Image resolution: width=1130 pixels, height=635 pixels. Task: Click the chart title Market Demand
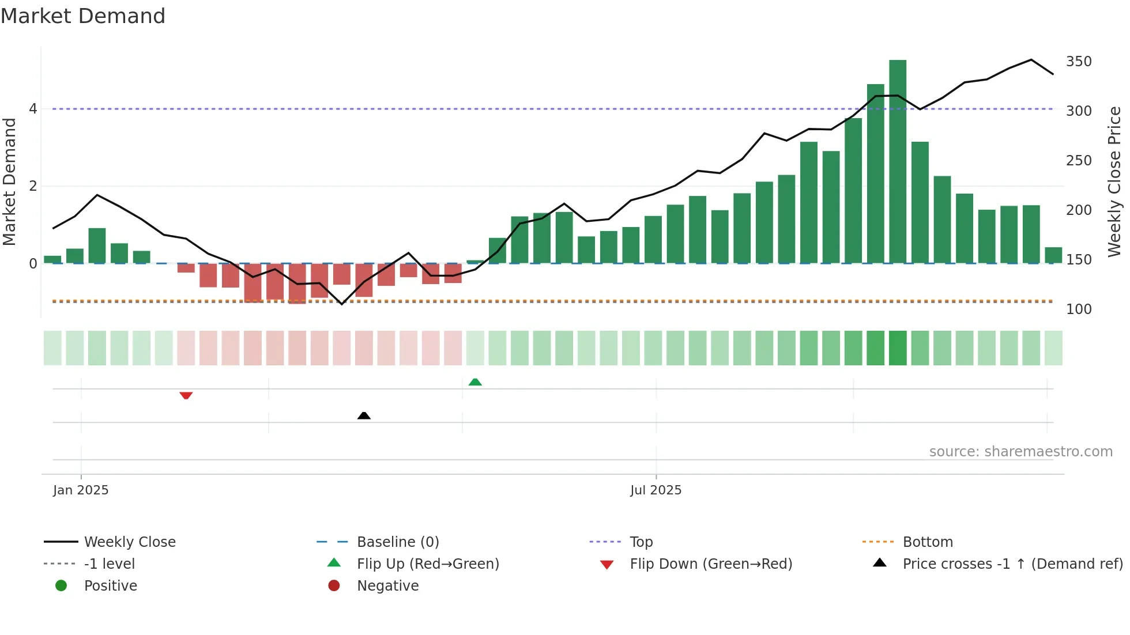point(83,16)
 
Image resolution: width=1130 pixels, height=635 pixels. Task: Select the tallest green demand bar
point(898,161)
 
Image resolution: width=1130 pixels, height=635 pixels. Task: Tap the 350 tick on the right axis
point(1079,62)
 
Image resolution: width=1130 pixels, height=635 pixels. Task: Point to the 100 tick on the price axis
point(1079,309)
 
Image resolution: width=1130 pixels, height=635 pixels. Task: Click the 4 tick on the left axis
point(33,109)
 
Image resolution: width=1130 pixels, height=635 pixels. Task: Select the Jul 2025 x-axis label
point(656,490)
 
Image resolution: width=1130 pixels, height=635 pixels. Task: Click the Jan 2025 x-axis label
point(81,490)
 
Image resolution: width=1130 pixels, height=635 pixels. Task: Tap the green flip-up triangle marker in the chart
point(475,382)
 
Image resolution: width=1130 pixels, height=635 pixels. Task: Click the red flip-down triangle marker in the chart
point(186,395)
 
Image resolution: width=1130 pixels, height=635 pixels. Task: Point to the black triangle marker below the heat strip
point(364,415)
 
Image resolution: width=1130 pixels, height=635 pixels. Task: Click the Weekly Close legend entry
point(130,542)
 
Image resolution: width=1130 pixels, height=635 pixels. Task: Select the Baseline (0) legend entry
point(398,542)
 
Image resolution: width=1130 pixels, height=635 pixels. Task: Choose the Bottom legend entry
point(927,542)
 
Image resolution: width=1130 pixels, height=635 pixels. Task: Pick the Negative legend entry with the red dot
point(387,586)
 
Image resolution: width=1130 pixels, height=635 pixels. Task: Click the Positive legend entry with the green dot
point(110,586)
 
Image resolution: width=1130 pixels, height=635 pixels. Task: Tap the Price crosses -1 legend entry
point(1012,564)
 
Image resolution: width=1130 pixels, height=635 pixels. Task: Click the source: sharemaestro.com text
point(1020,452)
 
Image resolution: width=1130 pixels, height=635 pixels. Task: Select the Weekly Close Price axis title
point(1114,182)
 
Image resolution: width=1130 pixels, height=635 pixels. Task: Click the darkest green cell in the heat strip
point(898,348)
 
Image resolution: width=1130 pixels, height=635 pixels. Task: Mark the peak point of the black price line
point(1031,59)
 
